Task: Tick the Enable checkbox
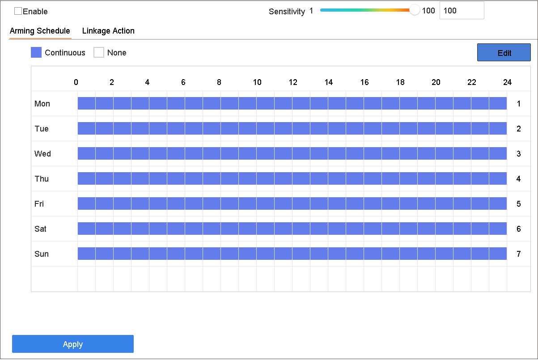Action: [x=18, y=11]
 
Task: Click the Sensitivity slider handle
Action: [x=415, y=10]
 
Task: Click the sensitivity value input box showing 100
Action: [x=462, y=11]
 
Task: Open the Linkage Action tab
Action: [x=108, y=31]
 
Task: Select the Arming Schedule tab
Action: [x=40, y=31]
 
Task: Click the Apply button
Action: [x=73, y=344]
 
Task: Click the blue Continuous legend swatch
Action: [x=36, y=52]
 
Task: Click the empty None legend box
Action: [x=99, y=52]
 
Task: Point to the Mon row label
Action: [x=42, y=104]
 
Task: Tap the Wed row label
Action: [x=43, y=154]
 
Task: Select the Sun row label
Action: [x=42, y=254]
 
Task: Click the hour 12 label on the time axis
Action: [x=293, y=82]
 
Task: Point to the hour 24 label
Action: [x=508, y=82]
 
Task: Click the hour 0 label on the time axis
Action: [x=76, y=82]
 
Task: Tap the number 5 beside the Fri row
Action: [x=519, y=204]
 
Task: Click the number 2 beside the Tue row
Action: [x=519, y=129]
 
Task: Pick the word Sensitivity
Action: [x=287, y=11]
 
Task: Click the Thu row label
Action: [x=42, y=179]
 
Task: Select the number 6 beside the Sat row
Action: [x=519, y=229]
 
